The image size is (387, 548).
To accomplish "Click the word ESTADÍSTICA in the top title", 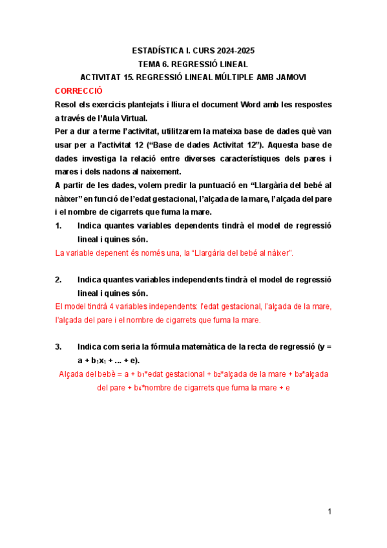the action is pyautogui.click(x=156, y=50).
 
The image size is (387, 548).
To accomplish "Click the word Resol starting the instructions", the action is pyautogui.click(x=67, y=104).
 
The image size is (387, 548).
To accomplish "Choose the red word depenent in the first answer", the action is pyautogui.click(x=109, y=253).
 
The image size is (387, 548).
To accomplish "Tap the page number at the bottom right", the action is pyautogui.click(x=329, y=512).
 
